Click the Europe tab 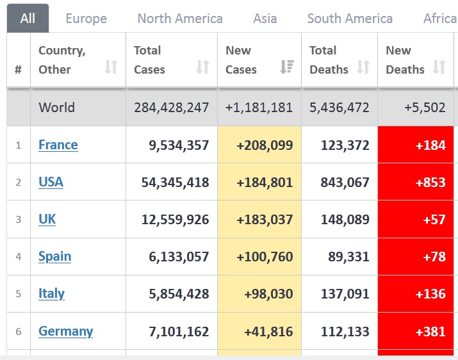click(86, 19)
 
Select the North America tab click(180, 19)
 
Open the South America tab click(350, 19)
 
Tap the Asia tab click(265, 19)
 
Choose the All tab click(28, 19)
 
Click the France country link click(58, 145)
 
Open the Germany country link click(65, 331)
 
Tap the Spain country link click(54, 256)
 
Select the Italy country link click(51, 293)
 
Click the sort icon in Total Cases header click(202, 67)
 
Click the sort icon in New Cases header click(287, 67)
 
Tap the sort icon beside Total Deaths click(363, 67)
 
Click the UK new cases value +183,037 click(264, 219)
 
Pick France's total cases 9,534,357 click(178, 145)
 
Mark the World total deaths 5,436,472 click(339, 108)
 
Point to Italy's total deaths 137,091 click(339, 293)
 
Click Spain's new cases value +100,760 click(264, 256)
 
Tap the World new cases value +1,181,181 click(259, 108)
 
